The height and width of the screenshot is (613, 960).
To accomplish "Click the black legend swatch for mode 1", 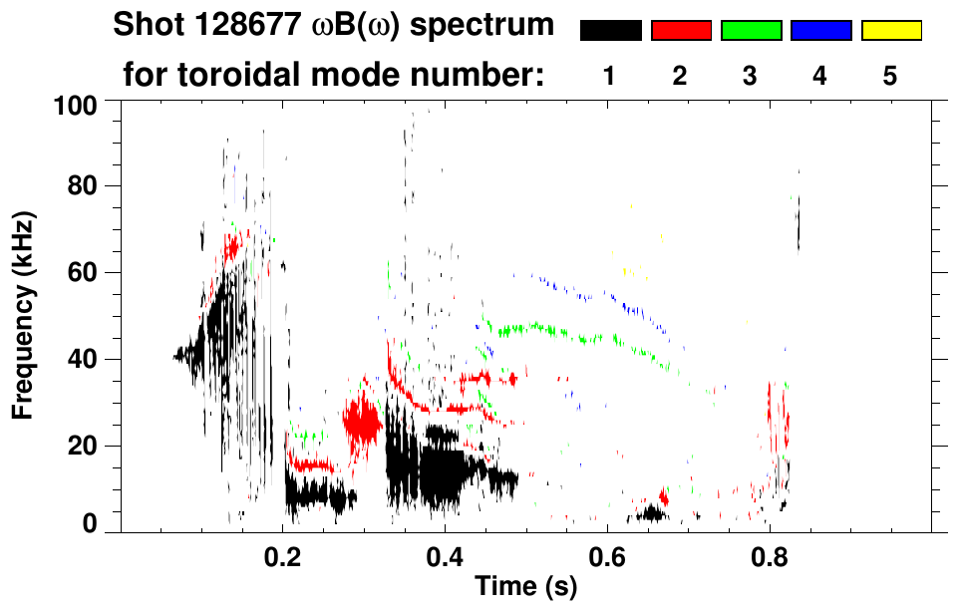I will coord(610,31).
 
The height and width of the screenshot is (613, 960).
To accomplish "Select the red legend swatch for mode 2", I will coord(681,31).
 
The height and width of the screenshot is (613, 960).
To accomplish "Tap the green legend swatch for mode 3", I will coord(751,31).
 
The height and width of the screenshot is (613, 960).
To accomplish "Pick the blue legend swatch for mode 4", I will coord(820,31).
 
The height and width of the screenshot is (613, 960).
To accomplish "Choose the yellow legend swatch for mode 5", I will coord(891,31).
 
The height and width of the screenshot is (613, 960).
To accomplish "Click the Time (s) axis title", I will coord(525,588).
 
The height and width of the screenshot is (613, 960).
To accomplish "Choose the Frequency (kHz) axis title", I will coord(24,314).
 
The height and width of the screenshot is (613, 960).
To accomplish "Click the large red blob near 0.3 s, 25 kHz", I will coord(361,422).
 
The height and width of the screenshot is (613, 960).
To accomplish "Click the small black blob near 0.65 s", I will coord(653,514).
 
